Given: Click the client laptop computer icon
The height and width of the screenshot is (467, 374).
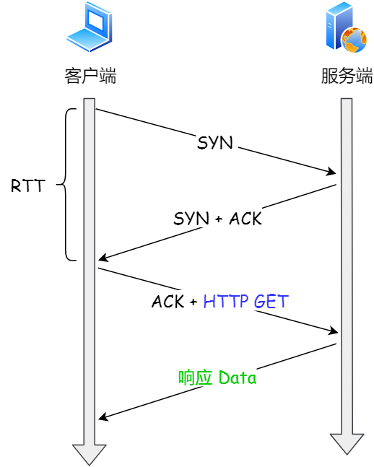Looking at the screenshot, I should point(89,27).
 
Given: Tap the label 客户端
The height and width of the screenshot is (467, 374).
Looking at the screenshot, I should point(90,76).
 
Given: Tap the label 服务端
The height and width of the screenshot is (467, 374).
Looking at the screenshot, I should point(347,76).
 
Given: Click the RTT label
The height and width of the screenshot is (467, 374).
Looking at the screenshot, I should point(27,186).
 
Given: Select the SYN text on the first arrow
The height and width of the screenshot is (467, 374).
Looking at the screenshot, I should point(215,142).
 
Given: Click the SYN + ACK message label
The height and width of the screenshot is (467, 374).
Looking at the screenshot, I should point(217,219).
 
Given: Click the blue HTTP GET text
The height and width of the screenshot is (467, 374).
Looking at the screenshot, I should point(245,301).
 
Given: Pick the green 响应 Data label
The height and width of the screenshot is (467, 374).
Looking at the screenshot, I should point(217,377).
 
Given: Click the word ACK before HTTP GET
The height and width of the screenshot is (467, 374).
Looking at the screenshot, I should point(168,302).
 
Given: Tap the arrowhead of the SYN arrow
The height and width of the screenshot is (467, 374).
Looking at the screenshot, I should point(332,173).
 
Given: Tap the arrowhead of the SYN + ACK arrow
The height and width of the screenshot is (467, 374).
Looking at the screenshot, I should point(103,258).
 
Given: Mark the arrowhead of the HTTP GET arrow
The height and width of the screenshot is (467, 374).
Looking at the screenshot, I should point(333,331).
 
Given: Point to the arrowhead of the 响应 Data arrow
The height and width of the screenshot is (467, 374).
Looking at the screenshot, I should point(103,417).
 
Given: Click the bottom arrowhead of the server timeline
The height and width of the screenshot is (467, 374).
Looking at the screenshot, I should point(347,444).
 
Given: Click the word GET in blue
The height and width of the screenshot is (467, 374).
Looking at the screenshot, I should point(271,301).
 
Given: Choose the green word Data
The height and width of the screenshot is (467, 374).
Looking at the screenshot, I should point(237,377).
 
